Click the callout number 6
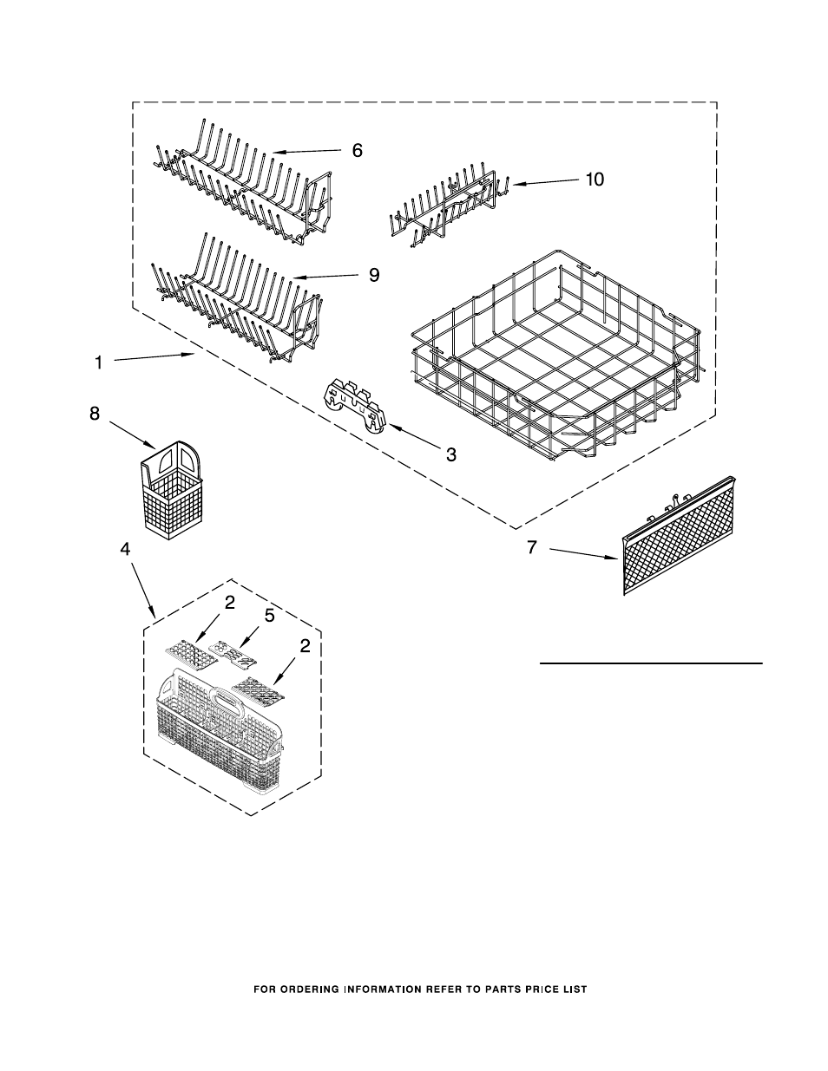[x=357, y=150]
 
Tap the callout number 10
[x=595, y=180]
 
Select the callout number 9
[x=374, y=275]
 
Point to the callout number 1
[x=99, y=362]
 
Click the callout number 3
[x=450, y=454]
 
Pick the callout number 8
[x=95, y=414]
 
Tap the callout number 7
[x=531, y=547]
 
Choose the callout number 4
[x=125, y=549]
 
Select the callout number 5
[x=269, y=616]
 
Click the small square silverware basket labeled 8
[x=172, y=490]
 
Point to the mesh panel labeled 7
[x=679, y=536]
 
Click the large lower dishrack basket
[x=557, y=356]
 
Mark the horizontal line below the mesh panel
[x=651, y=663]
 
